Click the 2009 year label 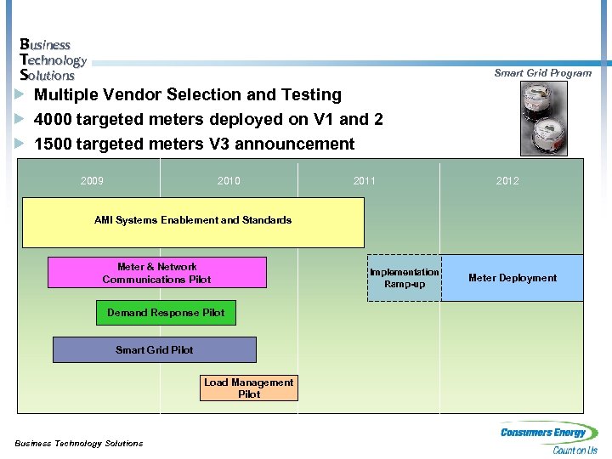coord(92,180)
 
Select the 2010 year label coord(229,180)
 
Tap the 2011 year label coord(365,180)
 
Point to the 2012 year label coord(508,180)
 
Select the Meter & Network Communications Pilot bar coord(156,273)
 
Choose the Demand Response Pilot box coord(166,313)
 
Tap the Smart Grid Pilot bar coord(154,349)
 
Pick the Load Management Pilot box coord(248,388)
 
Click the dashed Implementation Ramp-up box coord(405,278)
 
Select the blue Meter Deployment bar coord(513,278)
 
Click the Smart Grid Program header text coord(542,73)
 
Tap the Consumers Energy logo coord(549,437)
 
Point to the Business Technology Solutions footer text coord(79,443)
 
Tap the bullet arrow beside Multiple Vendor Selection coord(20,94)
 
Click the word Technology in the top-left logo coord(53,59)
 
